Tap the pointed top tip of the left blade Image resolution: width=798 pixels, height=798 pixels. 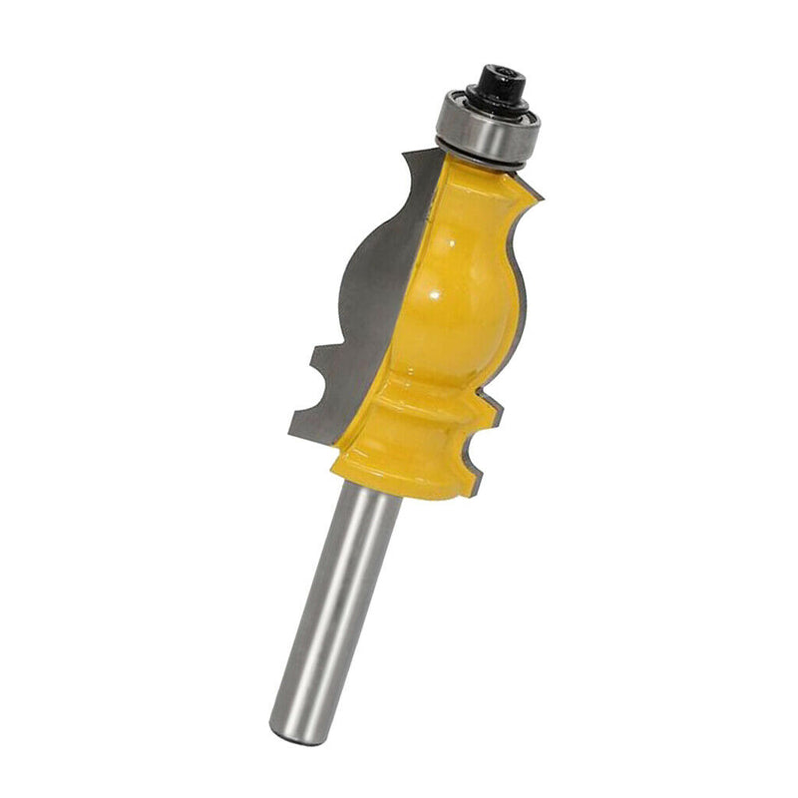(x=404, y=152)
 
